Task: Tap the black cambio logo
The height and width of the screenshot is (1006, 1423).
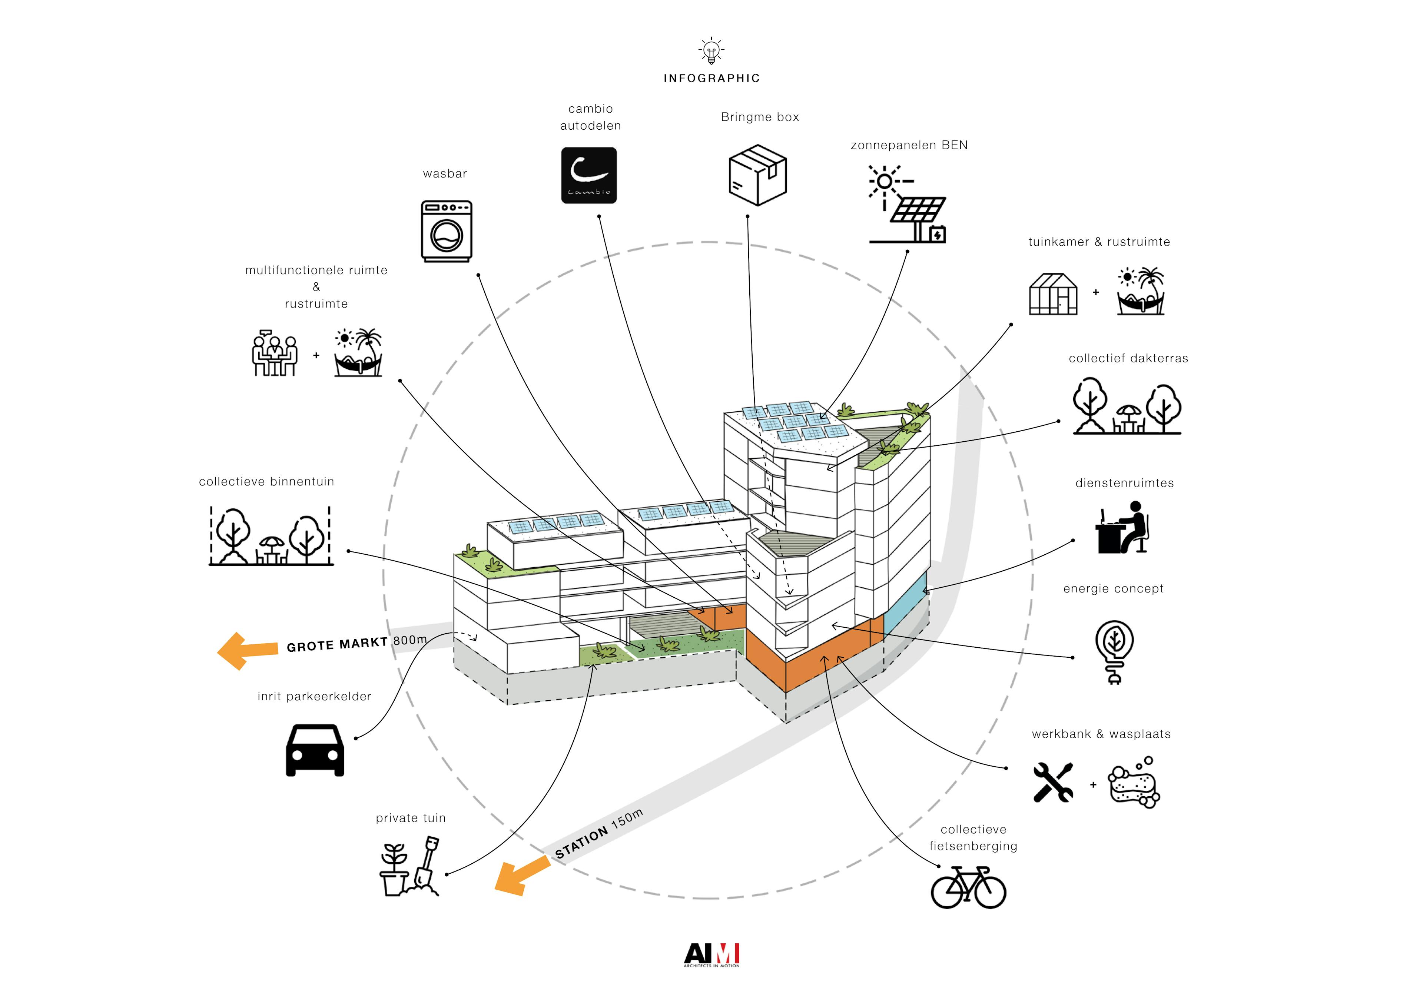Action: point(589,175)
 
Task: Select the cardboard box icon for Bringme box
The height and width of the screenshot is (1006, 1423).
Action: point(757,175)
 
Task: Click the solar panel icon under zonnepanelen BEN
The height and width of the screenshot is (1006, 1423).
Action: point(908,205)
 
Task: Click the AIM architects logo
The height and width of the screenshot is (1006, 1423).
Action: point(711,954)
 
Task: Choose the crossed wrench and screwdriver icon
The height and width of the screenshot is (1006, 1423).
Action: point(1053,782)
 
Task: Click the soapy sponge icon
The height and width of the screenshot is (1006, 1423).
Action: point(1134,782)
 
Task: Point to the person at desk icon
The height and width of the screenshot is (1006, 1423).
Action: point(1122,528)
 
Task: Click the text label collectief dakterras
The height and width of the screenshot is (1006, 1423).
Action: point(1128,358)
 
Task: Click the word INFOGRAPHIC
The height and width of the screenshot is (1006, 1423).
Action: point(711,78)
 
